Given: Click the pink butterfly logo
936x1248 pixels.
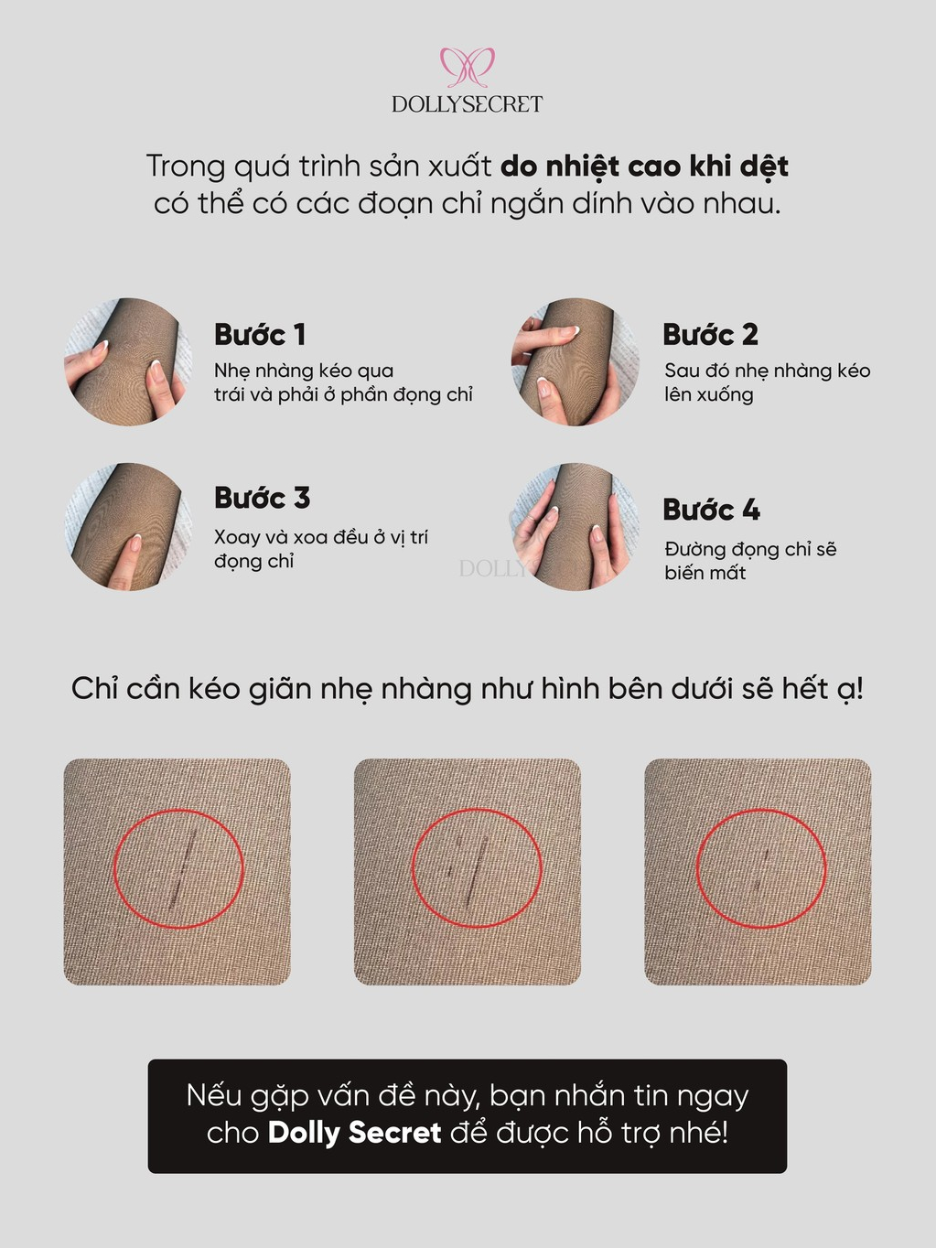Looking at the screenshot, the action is pyautogui.click(x=468, y=67).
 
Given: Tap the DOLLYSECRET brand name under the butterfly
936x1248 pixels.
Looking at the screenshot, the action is pyautogui.click(x=468, y=104).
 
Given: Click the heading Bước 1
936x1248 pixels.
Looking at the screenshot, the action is pyautogui.click(x=260, y=334).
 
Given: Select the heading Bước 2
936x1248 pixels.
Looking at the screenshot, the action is pyautogui.click(x=710, y=334).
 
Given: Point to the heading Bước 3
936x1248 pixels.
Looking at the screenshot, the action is pyautogui.click(x=262, y=498).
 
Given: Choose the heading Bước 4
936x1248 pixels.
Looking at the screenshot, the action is pyautogui.click(x=712, y=510).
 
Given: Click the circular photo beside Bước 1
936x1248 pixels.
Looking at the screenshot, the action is pyautogui.click(x=128, y=361).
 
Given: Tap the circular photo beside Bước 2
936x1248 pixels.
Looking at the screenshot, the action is pyautogui.click(x=576, y=361).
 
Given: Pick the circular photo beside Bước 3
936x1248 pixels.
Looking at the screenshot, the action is pyautogui.click(x=128, y=526).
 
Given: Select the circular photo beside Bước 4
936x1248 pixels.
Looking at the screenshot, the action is pyautogui.click(x=576, y=526).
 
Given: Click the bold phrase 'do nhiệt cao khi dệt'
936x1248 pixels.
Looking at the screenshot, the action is pyautogui.click(x=644, y=167).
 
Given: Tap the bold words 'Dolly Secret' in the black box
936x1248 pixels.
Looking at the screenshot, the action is pyautogui.click(x=354, y=1133).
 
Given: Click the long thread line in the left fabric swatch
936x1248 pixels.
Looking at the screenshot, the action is pyautogui.click(x=183, y=868).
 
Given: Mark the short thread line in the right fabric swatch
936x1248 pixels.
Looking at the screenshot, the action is pyautogui.click(x=763, y=870).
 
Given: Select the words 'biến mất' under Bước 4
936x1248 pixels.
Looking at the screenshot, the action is pyautogui.click(x=705, y=573).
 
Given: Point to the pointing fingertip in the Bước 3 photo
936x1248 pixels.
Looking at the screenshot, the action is pyautogui.click(x=135, y=543).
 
